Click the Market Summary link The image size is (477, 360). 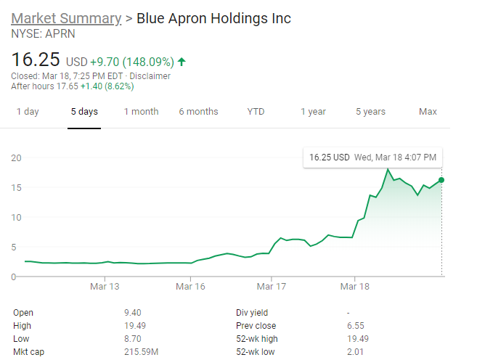66,18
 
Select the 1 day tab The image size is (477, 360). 28,112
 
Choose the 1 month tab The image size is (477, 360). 141,112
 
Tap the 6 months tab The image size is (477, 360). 198,112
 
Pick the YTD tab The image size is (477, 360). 256,112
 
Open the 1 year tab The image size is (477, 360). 313,112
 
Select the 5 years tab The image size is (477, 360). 370,112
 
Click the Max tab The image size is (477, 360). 428,112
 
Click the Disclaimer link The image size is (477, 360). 150,75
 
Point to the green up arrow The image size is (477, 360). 181,62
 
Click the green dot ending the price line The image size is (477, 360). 441,179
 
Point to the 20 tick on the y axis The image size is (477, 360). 17,157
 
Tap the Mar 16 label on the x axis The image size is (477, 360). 190,287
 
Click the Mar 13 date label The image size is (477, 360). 105,287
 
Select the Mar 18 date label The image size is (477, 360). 354,287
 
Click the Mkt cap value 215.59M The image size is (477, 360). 141,352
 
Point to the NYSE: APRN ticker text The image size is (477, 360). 43,33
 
